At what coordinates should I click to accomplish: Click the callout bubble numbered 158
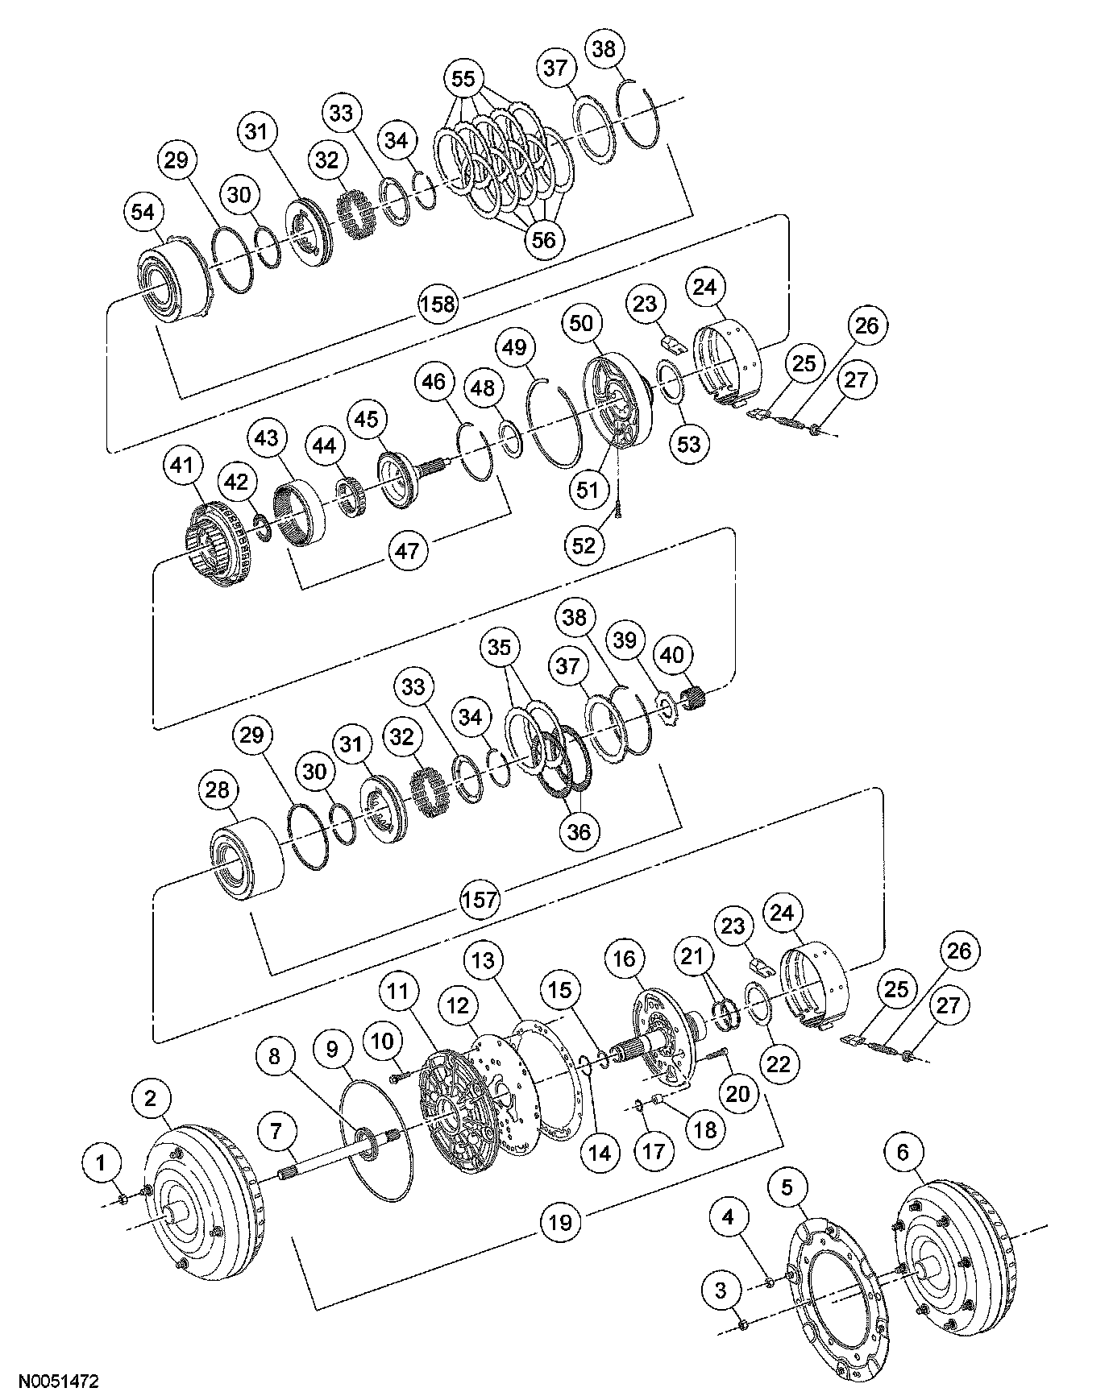438,304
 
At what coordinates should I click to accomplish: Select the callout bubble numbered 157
480,899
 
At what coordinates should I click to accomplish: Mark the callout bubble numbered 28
218,789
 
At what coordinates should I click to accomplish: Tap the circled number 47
409,551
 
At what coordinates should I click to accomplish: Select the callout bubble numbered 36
579,831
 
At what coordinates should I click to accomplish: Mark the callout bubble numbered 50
581,323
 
